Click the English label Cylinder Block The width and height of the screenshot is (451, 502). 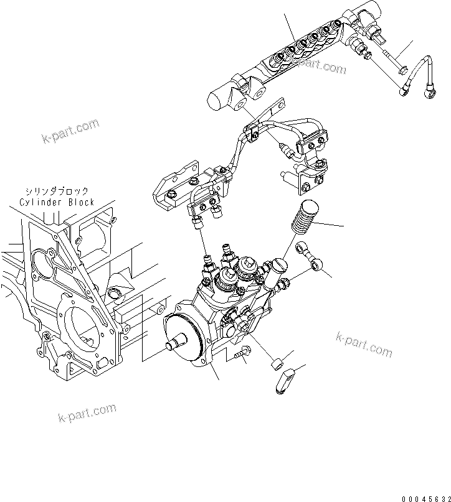coord(56,202)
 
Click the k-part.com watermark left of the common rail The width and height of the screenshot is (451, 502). coord(71,130)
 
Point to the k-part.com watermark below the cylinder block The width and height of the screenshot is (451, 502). coord(87,412)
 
